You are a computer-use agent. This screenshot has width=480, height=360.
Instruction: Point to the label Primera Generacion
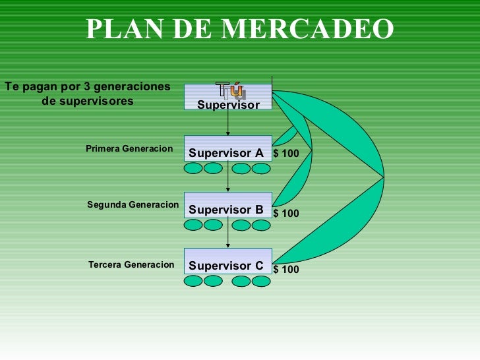coord(129,149)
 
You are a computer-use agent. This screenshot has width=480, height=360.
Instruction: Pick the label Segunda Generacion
coord(133,205)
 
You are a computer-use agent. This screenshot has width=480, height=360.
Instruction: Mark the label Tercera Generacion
coord(131,265)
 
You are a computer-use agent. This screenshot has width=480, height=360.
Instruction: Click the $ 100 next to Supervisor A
coord(285,154)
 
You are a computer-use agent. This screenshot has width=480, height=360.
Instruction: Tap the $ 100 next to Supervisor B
coord(285,214)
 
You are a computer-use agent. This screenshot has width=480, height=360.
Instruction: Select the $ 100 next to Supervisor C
coord(285,270)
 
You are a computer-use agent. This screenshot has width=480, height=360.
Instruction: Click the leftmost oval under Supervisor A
coord(193,169)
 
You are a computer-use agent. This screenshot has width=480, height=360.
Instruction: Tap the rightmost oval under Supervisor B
coord(261,225)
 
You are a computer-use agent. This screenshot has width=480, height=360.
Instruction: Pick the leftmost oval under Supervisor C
coord(193,282)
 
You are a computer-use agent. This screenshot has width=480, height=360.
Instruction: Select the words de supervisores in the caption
coord(88,101)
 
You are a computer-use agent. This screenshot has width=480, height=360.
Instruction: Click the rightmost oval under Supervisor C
coord(261,282)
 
